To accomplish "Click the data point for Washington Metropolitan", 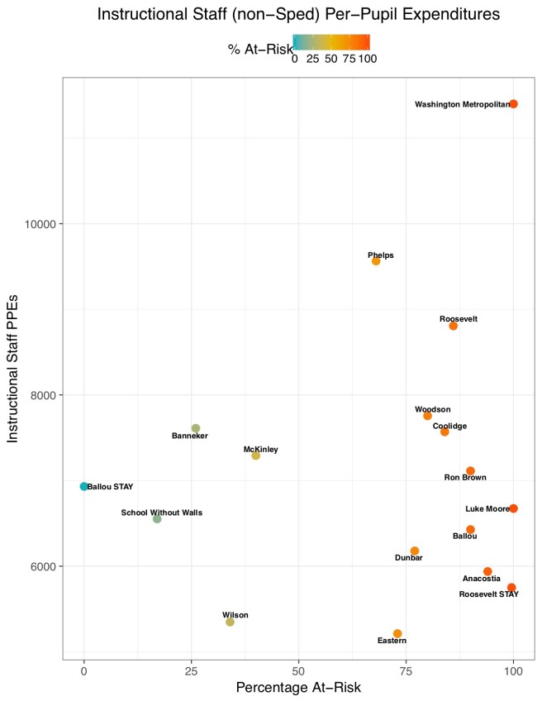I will coord(513,104).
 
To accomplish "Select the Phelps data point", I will coord(376,261).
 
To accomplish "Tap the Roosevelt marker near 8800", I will coord(453,326).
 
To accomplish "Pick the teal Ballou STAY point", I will coord(84,487).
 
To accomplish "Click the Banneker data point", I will coord(196,428).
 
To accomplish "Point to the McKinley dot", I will coord(255,455).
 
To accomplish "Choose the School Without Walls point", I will coord(157,519).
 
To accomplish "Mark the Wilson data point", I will coord(230,622).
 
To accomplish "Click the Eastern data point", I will coord(397,633).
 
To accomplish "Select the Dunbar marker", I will coord(415,551).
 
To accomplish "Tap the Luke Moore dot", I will coord(513,508).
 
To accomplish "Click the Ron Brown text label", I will coord(465,478).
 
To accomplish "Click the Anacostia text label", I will coord(482,579).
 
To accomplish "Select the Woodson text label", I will coord(433,409).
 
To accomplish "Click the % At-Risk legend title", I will coord(258,50).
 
